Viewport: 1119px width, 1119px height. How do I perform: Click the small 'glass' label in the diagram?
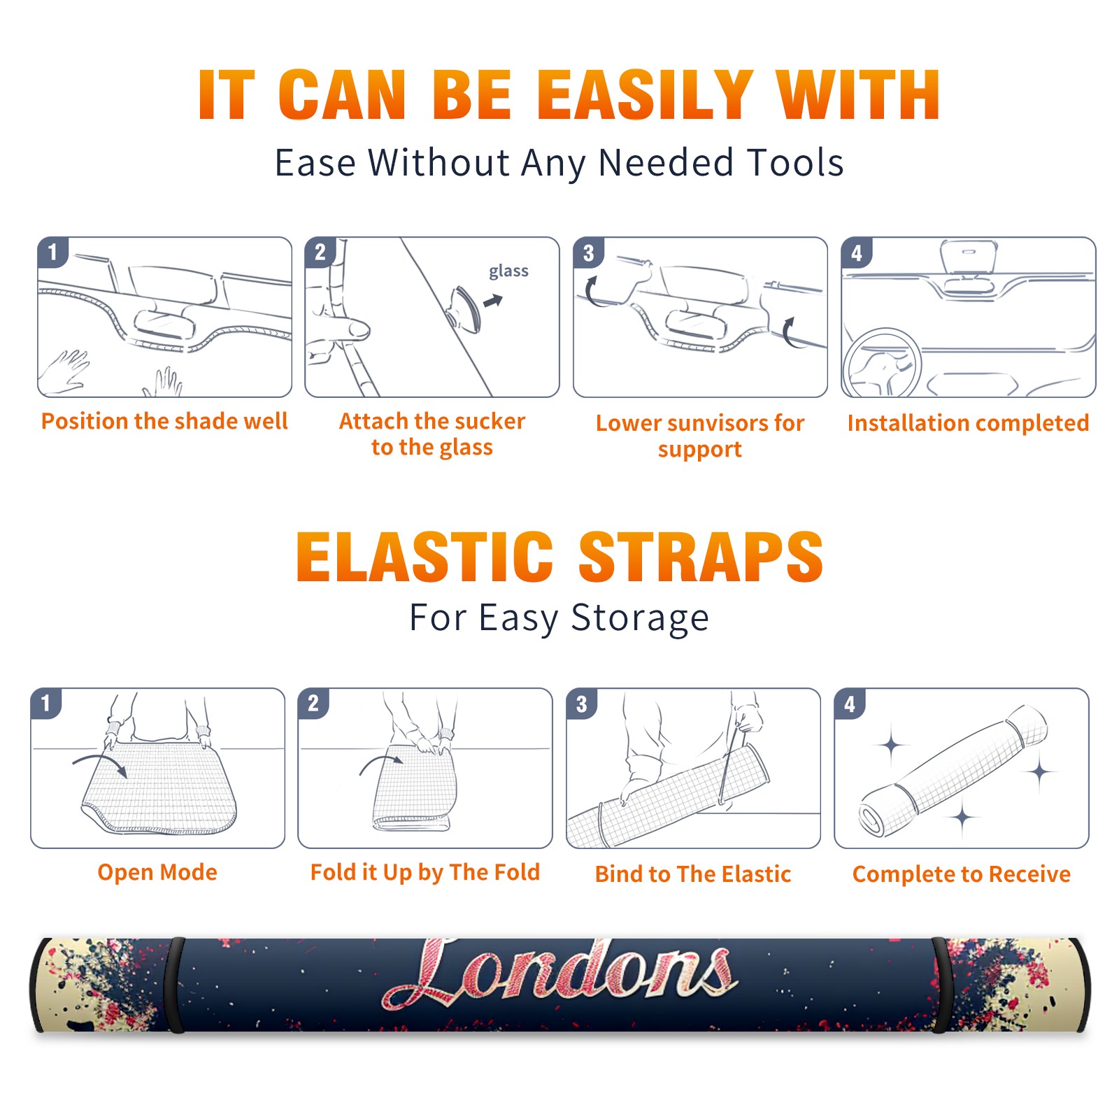(x=508, y=271)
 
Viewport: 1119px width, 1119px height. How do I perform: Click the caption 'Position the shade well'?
(x=164, y=421)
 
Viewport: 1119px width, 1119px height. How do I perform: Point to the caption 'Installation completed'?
(x=968, y=422)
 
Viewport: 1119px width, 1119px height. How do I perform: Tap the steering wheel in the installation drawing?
(x=882, y=363)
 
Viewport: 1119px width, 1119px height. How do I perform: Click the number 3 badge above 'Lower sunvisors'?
(x=588, y=252)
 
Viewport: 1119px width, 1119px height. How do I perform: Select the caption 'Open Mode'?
(x=157, y=872)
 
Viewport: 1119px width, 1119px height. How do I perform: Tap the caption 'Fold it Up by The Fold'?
(x=425, y=872)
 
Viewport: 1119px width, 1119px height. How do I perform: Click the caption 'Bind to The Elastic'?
(x=693, y=874)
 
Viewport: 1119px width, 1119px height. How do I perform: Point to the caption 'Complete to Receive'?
(x=962, y=874)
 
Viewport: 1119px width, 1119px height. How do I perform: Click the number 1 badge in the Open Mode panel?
(x=46, y=703)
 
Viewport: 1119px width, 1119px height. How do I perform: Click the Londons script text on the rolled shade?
(x=559, y=974)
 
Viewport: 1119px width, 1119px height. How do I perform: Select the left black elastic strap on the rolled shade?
(x=176, y=985)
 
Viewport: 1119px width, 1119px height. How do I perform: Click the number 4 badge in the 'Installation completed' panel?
(x=857, y=252)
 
